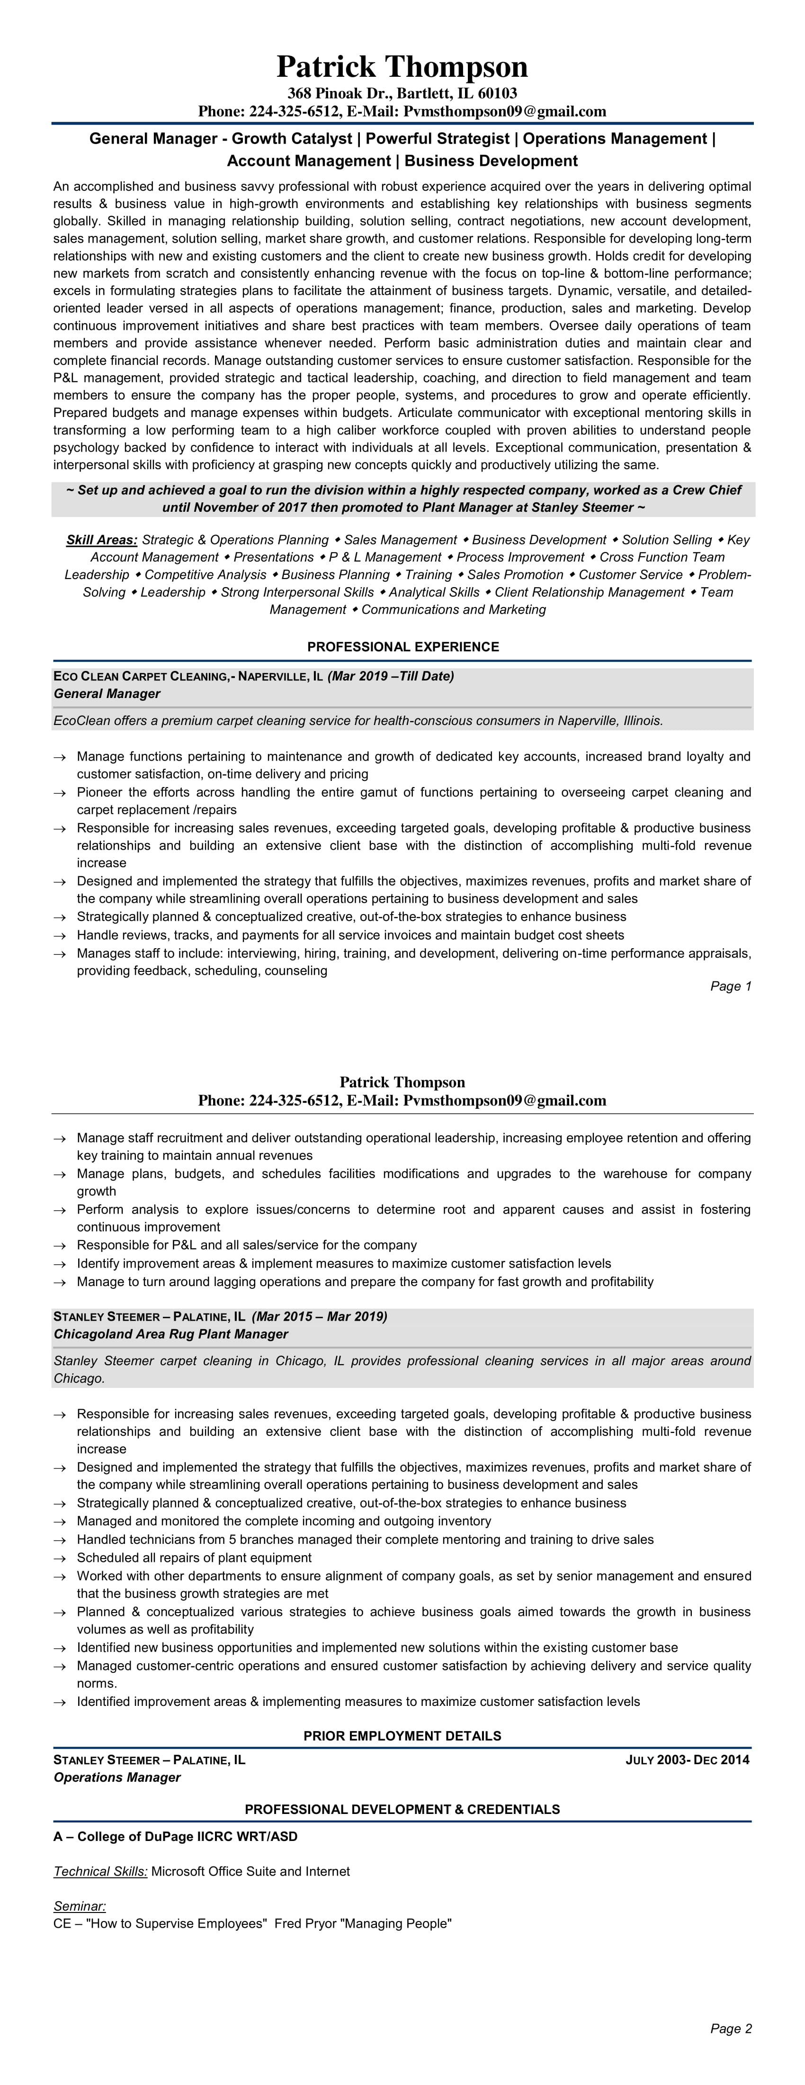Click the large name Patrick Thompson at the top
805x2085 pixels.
click(x=402, y=66)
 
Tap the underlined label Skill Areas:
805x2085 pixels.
click(x=102, y=540)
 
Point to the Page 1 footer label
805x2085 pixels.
click(x=731, y=986)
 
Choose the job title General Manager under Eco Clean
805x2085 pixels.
click(x=107, y=694)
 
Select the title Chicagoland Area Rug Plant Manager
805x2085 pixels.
click(x=171, y=1334)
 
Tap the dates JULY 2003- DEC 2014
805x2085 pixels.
click(x=688, y=1759)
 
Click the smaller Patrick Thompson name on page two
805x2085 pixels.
click(x=402, y=1082)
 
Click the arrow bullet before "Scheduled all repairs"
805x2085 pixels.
click(x=59, y=1558)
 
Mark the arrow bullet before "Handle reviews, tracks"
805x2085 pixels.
click(x=59, y=936)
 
